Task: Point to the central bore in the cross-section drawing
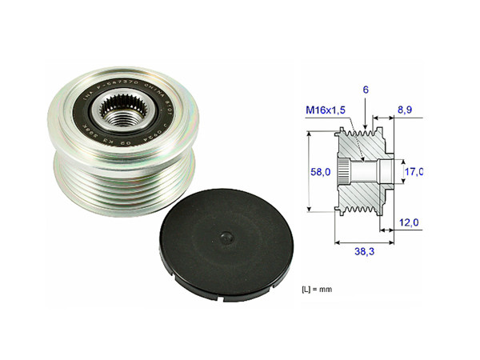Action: [364, 171]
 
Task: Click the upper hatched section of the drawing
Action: [360, 145]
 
